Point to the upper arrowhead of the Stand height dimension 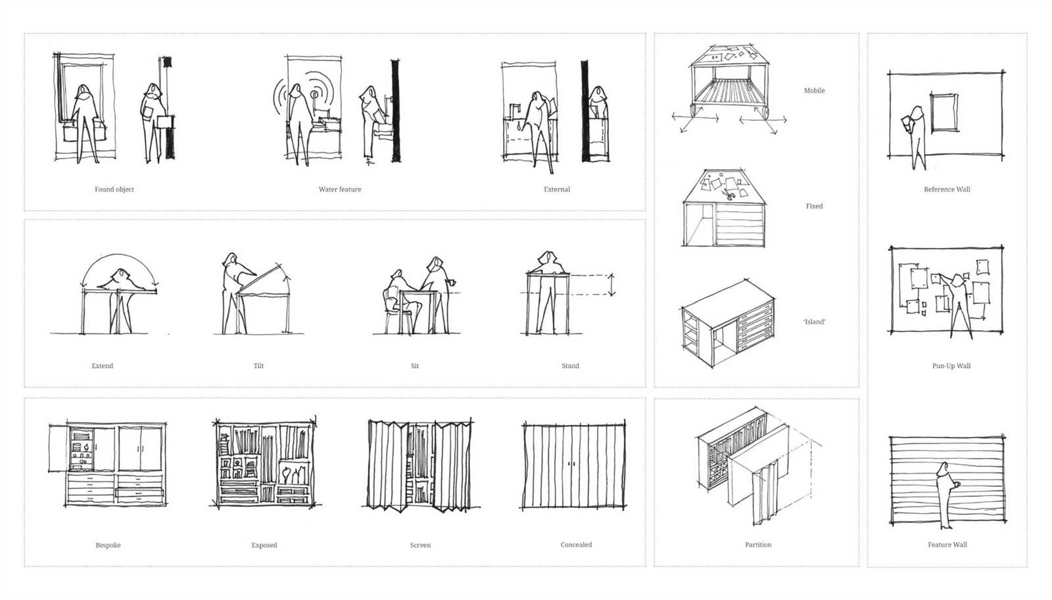coord(611,276)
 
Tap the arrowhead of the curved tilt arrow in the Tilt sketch coord(287,278)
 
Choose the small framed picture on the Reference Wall coord(944,113)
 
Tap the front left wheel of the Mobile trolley coord(694,111)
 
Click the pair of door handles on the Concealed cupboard coord(572,464)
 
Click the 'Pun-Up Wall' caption coord(951,366)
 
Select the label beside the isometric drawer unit coord(814,322)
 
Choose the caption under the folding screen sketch coord(420,545)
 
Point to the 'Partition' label coord(758,545)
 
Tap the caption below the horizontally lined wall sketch coord(947,545)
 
